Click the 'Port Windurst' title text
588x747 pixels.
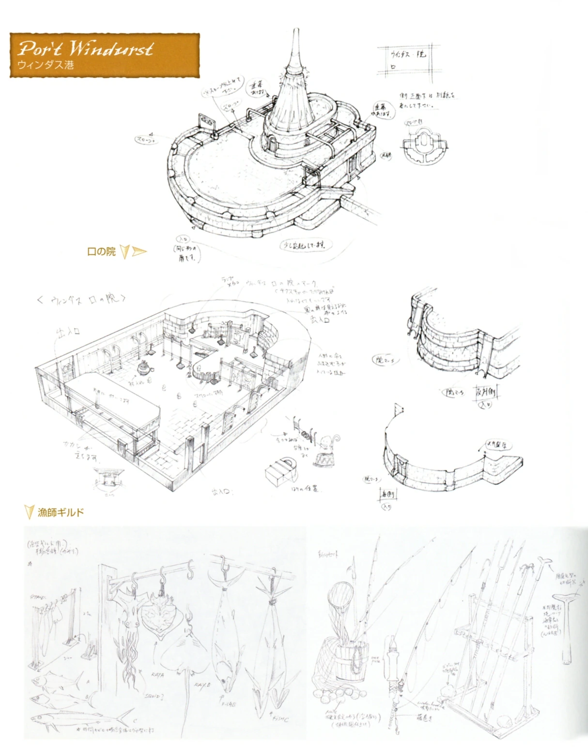(x=86, y=48)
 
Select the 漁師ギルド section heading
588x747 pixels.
(x=61, y=512)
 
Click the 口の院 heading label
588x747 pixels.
(x=101, y=251)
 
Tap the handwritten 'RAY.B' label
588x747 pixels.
(x=201, y=685)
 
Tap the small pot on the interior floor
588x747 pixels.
(x=144, y=369)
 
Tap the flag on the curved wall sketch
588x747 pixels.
(x=400, y=409)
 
